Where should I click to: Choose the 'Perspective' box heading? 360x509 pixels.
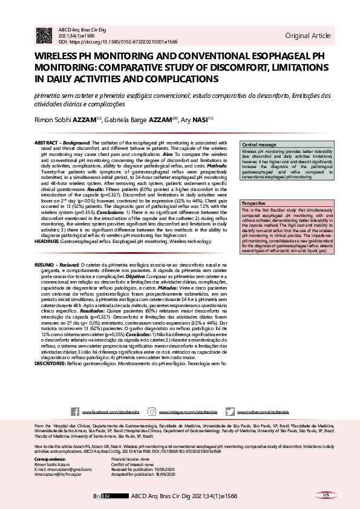[x=254, y=204]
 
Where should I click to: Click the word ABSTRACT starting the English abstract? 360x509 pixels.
[x=47, y=141]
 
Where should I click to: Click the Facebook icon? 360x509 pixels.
[x=75, y=412]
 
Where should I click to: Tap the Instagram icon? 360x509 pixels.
[x=153, y=412]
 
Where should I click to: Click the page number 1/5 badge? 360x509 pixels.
[x=325, y=495]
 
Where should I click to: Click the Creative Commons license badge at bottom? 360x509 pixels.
[x=102, y=496]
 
